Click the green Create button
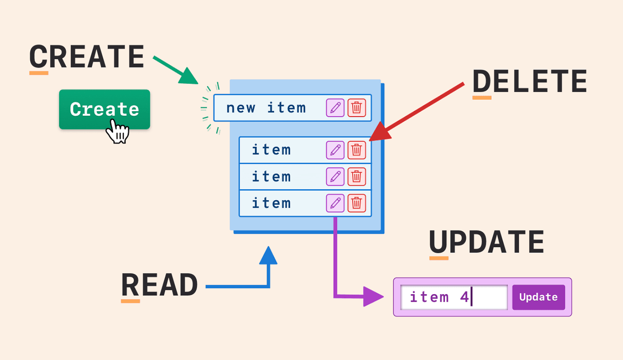(104, 109)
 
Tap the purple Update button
(538, 297)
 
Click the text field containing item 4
(454, 297)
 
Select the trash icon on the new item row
(356, 108)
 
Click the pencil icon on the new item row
(335, 108)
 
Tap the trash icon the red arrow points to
(356, 150)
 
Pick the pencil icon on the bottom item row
(335, 203)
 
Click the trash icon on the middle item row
(356, 177)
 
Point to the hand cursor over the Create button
(117, 131)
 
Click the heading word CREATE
(87, 57)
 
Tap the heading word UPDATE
(486, 243)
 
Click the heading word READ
(159, 285)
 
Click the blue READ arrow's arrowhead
(268, 256)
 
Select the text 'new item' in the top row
(266, 108)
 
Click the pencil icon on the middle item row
(335, 177)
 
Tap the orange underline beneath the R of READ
(130, 301)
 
